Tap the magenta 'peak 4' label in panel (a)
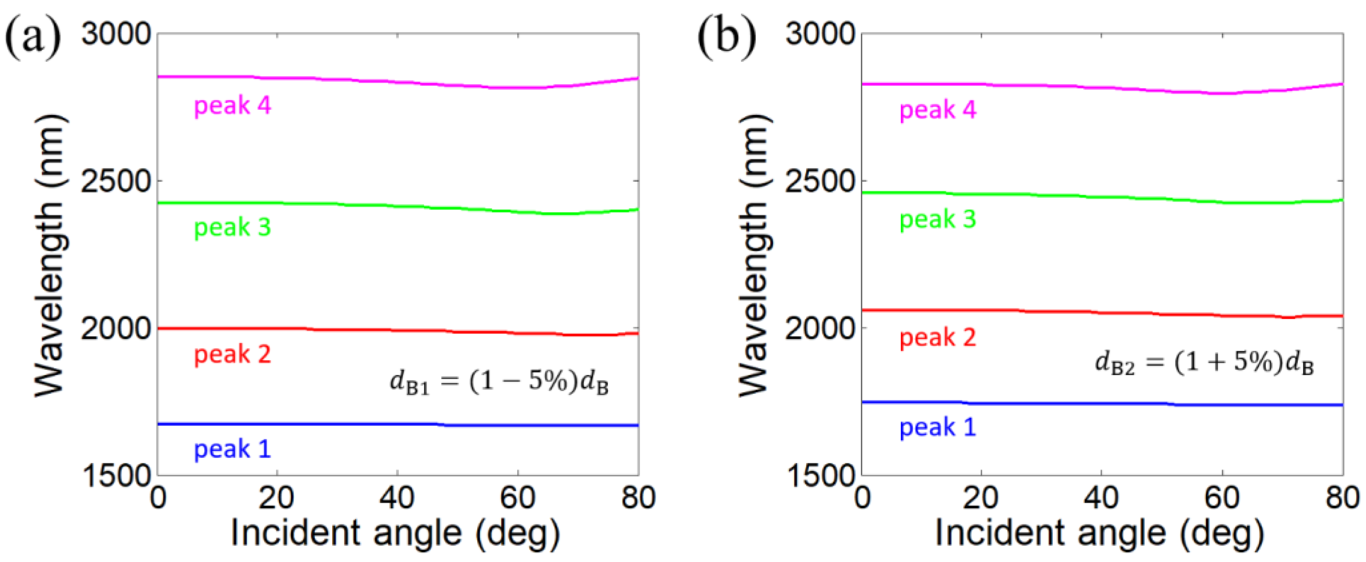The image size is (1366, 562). point(232,105)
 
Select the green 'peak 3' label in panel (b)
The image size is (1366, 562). point(937,219)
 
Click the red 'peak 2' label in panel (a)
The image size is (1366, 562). point(232,354)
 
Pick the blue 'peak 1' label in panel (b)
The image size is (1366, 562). point(937,427)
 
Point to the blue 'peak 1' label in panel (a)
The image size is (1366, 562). point(232,449)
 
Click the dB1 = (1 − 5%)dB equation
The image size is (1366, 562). point(499,382)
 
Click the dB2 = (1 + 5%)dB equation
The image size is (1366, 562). point(1204,364)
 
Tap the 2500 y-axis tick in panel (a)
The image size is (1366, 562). point(116,181)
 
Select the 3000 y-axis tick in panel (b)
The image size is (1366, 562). point(820,34)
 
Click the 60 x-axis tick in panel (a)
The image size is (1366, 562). point(517,498)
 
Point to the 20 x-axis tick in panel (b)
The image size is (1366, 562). point(981,498)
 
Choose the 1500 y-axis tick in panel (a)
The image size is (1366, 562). point(116,475)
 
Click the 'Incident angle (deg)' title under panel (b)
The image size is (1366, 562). point(1099,533)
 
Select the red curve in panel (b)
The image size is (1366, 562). point(1060,311)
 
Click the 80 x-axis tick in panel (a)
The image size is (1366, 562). point(638,498)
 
